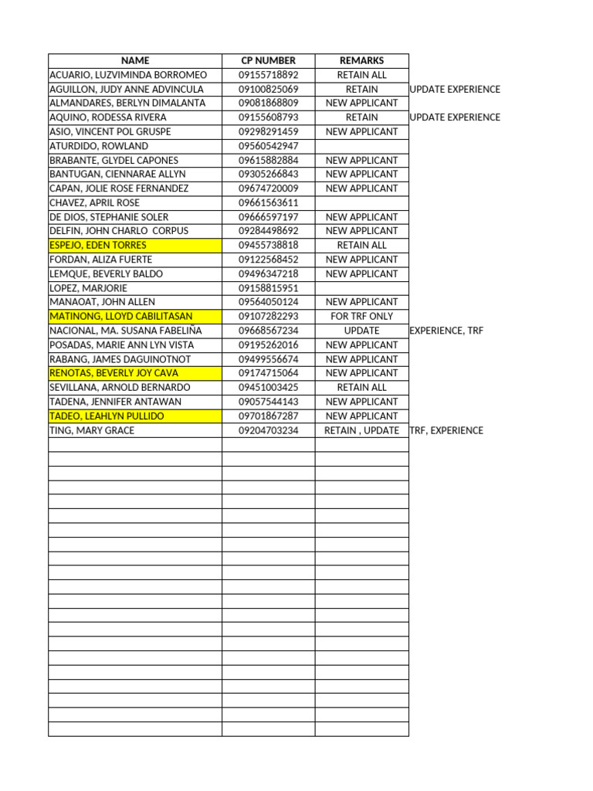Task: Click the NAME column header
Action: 135,60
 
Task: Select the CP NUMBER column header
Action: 268,60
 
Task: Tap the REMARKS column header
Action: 361,60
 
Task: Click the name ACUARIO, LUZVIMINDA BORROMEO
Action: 128,75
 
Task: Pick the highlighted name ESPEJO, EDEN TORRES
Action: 98,245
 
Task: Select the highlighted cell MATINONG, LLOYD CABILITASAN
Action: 121,316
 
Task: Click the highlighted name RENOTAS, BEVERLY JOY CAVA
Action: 114,373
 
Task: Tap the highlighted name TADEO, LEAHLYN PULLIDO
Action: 107,416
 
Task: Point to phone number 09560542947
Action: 268,146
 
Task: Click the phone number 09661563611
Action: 268,202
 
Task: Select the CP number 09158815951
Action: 268,287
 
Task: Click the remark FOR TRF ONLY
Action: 361,316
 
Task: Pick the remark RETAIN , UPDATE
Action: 361,430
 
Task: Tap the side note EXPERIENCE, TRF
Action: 446,331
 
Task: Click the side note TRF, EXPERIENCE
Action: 446,430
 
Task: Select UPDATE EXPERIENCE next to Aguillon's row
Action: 455,89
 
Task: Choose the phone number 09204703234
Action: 268,430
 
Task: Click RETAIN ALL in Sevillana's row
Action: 361,387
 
